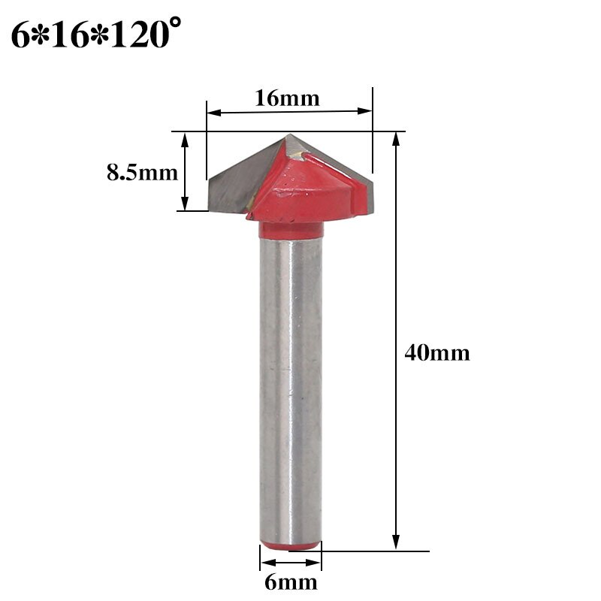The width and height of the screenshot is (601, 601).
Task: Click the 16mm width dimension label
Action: point(287,98)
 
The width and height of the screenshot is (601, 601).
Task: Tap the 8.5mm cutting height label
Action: point(142,173)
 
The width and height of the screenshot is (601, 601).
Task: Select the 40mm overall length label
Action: point(436,352)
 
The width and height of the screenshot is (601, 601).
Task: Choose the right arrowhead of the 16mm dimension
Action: point(367,112)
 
